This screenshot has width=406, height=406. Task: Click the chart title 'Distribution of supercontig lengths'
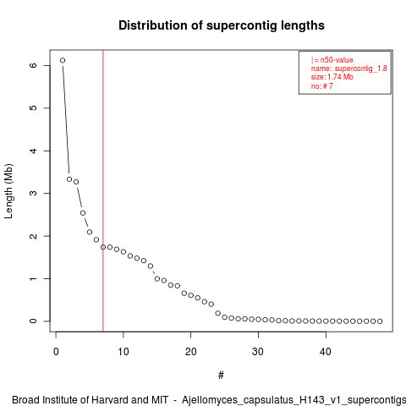pyautogui.click(x=222, y=25)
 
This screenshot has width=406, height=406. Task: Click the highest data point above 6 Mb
pyautogui.click(x=63, y=60)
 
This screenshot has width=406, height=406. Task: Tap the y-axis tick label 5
pyautogui.click(x=33, y=108)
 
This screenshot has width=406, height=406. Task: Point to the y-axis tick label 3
pyautogui.click(x=33, y=193)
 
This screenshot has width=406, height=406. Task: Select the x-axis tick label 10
pyautogui.click(x=123, y=352)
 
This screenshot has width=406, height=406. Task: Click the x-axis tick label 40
pyautogui.click(x=326, y=352)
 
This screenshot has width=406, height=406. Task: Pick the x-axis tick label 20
pyautogui.click(x=191, y=352)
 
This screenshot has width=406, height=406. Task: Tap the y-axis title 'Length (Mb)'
pyautogui.click(x=9, y=191)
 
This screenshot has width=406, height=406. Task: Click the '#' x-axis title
pyautogui.click(x=221, y=376)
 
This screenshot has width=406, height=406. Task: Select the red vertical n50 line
pyautogui.click(x=103, y=191)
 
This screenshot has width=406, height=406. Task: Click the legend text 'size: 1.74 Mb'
pyautogui.click(x=332, y=77)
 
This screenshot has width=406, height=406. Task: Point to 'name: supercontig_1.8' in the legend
pyautogui.click(x=349, y=69)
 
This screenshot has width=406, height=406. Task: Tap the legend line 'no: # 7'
pyautogui.click(x=322, y=85)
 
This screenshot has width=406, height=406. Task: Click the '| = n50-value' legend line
pyautogui.click(x=332, y=60)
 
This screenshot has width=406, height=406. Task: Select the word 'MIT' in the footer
pyautogui.click(x=160, y=400)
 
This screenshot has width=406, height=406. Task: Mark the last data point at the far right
pyautogui.click(x=380, y=321)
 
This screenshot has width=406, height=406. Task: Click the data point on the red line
pyautogui.click(x=103, y=247)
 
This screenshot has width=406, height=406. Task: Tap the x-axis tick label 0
pyautogui.click(x=56, y=352)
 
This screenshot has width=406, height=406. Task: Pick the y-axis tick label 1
pyautogui.click(x=33, y=278)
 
